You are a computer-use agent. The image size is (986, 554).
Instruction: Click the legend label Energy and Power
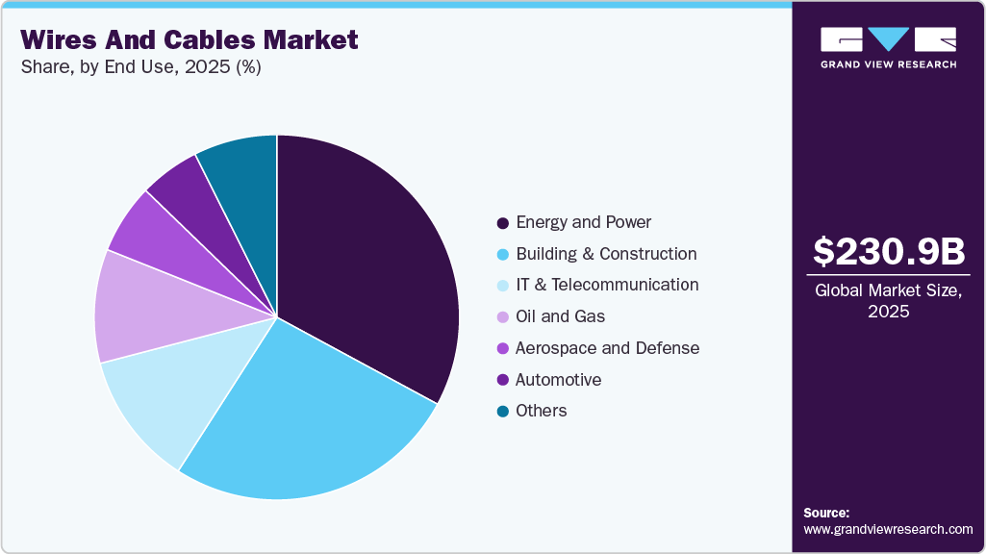[583, 222]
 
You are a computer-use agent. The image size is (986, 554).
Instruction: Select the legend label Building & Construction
[606, 254]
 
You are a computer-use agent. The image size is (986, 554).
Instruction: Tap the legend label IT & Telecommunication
[607, 285]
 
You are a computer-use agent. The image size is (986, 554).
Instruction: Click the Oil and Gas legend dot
[502, 317]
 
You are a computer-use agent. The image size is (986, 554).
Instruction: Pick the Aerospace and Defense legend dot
[502, 348]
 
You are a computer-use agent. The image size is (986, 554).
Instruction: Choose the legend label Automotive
[558, 380]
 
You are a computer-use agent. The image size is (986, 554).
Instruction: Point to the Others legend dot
[502, 412]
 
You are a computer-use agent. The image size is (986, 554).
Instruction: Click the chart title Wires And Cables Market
[190, 39]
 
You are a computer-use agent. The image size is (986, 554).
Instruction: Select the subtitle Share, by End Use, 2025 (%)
[140, 67]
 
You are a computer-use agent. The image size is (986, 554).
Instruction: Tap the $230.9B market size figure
[888, 251]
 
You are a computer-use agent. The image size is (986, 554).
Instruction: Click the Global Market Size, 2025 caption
[888, 301]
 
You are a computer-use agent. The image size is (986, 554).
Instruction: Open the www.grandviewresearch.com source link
[888, 529]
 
